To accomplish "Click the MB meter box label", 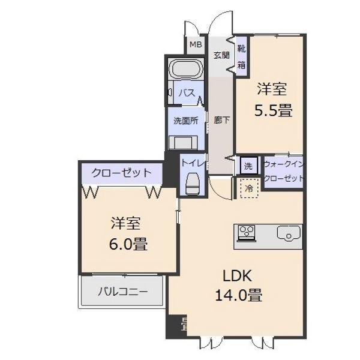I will [x=196, y=44].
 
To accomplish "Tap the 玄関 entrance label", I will [x=221, y=55].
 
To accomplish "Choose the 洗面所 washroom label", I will [x=186, y=120].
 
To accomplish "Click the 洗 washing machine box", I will [x=248, y=164].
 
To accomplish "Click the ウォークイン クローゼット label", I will [x=283, y=171].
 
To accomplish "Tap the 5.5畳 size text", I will [x=272, y=110].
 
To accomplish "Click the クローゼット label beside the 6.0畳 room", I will [x=121, y=173].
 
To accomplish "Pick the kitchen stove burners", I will [x=247, y=232].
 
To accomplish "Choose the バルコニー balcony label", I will [x=122, y=292].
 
